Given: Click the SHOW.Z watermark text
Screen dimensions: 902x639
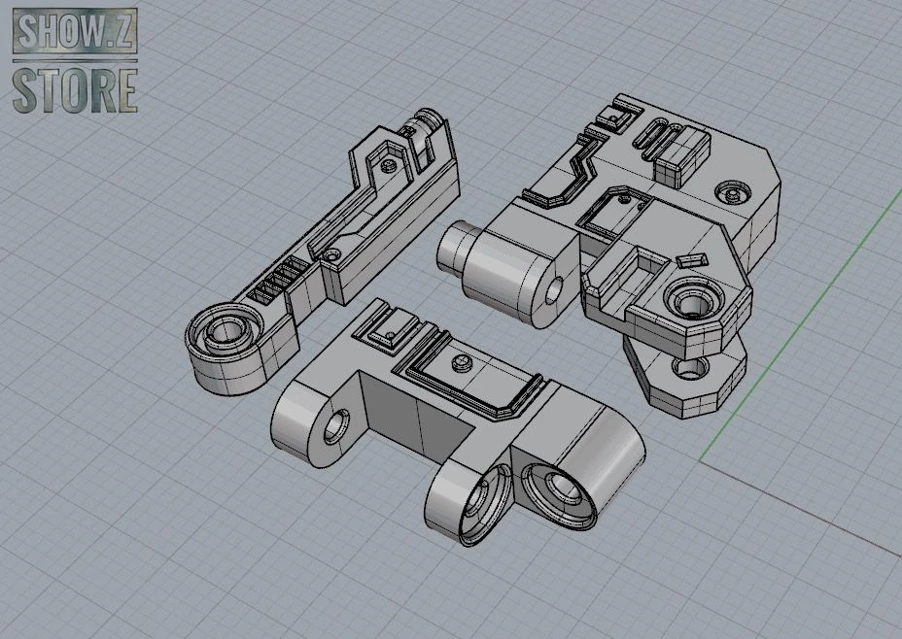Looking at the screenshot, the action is pyautogui.click(x=75, y=31).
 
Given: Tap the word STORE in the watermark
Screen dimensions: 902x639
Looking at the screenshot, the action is pyautogui.click(x=75, y=90).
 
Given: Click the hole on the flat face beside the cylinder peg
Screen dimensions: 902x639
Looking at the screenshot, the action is pyautogui.click(x=555, y=289).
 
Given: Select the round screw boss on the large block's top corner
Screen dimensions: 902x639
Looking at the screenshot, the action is pyautogui.click(x=733, y=190).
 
